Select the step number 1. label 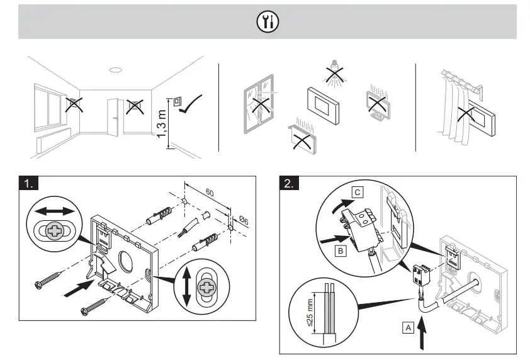tap(29, 183)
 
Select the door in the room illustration tap(114, 116)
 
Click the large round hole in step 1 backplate tap(123, 245)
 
